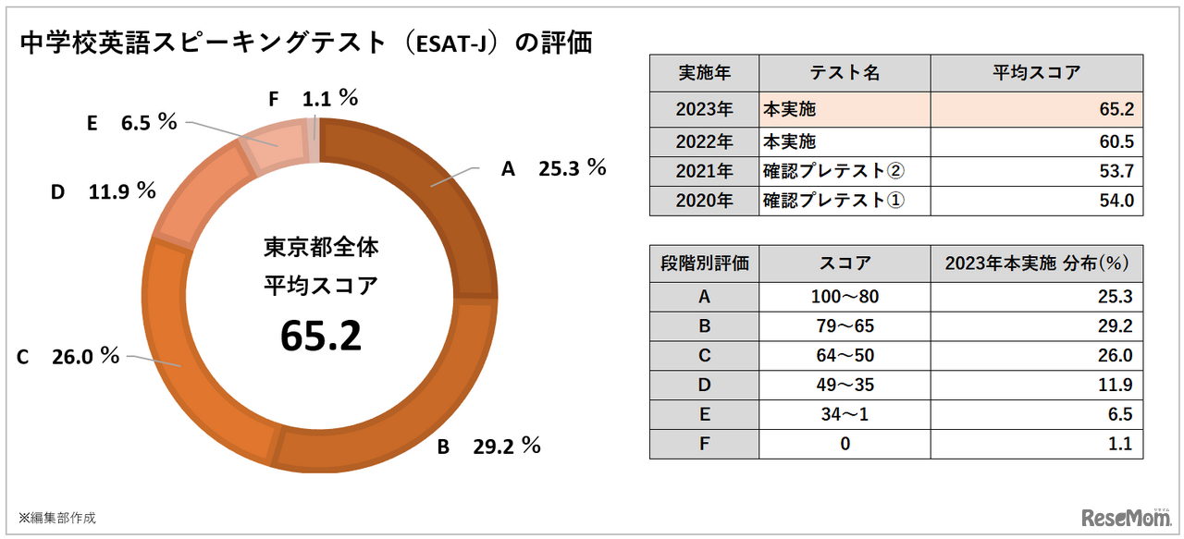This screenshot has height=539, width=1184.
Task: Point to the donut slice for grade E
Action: [268, 148]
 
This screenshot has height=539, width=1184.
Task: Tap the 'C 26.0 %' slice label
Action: [68, 356]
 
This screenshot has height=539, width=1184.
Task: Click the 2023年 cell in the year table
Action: [704, 109]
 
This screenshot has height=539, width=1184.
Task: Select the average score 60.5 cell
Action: [1036, 143]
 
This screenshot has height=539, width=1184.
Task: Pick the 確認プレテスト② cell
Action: [844, 172]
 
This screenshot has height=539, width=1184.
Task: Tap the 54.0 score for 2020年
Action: [1036, 201]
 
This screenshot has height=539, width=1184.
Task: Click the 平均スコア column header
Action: [1036, 73]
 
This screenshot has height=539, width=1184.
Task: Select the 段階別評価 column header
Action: [704, 263]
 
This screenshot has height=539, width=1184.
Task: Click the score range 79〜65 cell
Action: [844, 326]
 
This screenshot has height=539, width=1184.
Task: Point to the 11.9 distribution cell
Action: [1036, 385]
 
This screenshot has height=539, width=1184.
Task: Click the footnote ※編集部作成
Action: [56, 518]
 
